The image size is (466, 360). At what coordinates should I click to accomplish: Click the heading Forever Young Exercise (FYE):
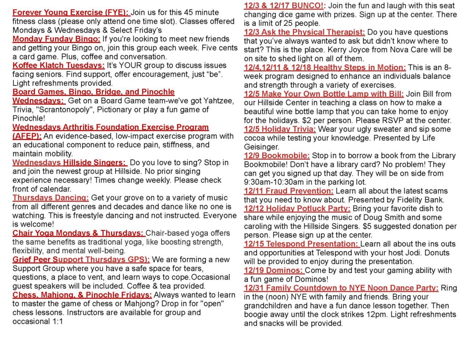pyautogui.click(x=71, y=13)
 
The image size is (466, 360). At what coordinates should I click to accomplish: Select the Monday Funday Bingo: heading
pyautogui.click(x=56, y=39)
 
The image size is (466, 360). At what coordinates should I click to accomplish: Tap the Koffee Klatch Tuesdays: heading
pyautogui.click(x=59, y=66)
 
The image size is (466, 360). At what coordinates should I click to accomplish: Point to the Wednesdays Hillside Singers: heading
pyautogui.click(x=69, y=162)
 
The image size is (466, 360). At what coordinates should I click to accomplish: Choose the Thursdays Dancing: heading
pyautogui.click(x=51, y=198)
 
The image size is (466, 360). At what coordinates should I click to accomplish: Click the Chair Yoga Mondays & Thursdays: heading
pyautogui.click(x=78, y=233)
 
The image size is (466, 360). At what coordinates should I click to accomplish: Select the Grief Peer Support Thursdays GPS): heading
pyautogui.click(x=81, y=259)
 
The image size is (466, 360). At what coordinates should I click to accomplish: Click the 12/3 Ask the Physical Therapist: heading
pyautogui.click(x=304, y=32)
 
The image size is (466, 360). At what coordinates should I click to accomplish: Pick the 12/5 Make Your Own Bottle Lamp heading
pyautogui.click(x=324, y=94)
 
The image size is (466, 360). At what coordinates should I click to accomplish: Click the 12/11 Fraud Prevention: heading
pyautogui.click(x=289, y=191)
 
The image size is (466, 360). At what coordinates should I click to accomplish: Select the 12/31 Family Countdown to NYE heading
pyautogui.click(x=341, y=288)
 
